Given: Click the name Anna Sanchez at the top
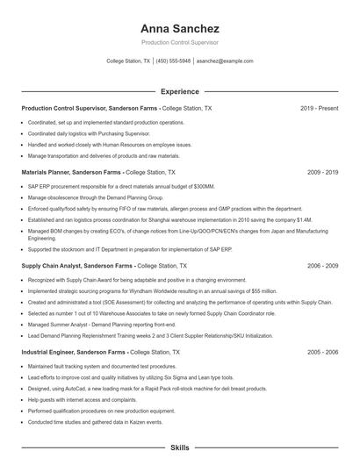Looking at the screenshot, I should (x=179, y=28).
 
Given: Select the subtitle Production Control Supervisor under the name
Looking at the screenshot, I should (x=179, y=42).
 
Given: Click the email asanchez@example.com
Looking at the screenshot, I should (x=224, y=61).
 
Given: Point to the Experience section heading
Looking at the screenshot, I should (x=179, y=90).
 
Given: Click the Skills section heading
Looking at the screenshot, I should (x=179, y=447).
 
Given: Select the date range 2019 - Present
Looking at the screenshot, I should (x=319, y=108).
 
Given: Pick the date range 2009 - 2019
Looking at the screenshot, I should (x=322, y=173).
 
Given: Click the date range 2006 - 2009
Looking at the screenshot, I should (x=322, y=264).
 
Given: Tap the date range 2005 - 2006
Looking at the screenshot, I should (x=322, y=327).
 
